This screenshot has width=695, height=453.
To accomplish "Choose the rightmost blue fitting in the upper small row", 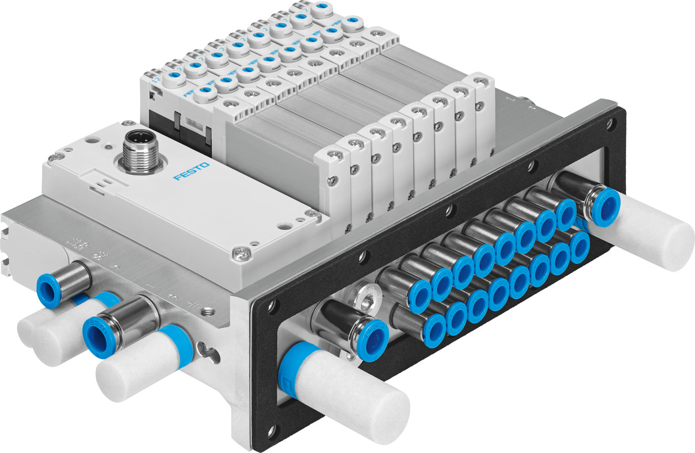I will coord(566,214).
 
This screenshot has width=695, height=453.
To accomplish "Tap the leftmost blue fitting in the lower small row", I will coord(435,322).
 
